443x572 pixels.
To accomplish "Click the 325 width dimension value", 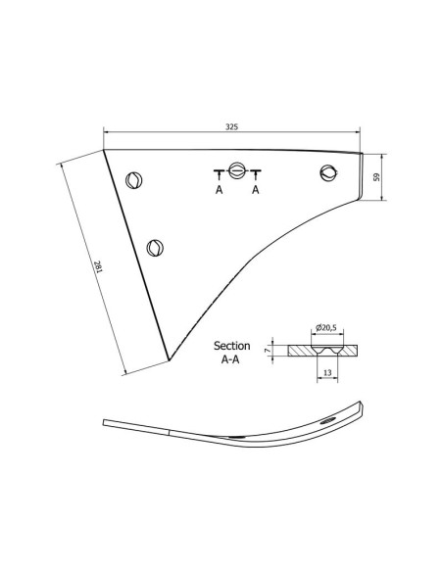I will click(x=232, y=126).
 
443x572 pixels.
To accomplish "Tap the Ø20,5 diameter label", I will click(x=325, y=327).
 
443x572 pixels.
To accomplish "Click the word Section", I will click(x=231, y=346).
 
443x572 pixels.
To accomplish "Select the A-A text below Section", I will click(x=231, y=359).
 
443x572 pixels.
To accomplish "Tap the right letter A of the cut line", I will click(x=256, y=190).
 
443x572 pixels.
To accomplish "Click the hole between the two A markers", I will click(x=236, y=167).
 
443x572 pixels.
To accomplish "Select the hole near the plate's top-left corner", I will click(x=135, y=179).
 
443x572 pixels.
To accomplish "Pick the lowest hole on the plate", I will click(x=154, y=247).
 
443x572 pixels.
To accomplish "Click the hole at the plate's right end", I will click(x=328, y=173).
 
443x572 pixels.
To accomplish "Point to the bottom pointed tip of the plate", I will click(x=170, y=359).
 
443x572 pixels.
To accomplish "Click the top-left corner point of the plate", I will click(x=105, y=150).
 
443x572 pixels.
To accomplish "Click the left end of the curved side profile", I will click(x=106, y=423).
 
